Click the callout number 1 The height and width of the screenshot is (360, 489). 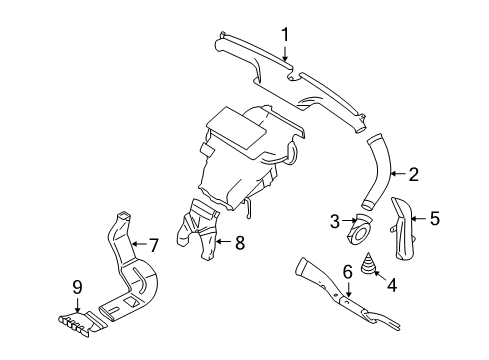click(285, 36)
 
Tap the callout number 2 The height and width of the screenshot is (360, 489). click(413, 173)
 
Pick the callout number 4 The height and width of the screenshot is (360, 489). click(391, 286)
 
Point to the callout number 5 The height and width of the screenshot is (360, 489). click(434, 216)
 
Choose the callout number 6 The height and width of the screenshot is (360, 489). click(348, 271)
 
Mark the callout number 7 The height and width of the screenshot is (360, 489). click(154, 243)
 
